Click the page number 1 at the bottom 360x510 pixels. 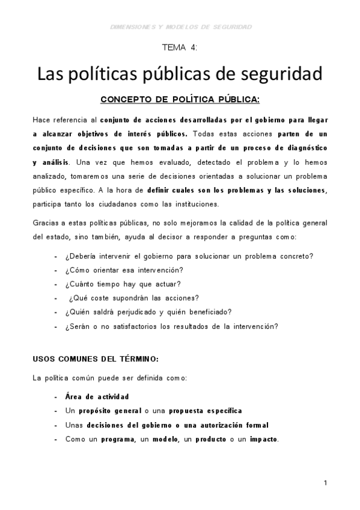tap(325, 483)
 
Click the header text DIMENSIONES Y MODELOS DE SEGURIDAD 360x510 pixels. tap(182, 26)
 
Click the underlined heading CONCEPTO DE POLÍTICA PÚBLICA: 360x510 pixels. tap(180, 99)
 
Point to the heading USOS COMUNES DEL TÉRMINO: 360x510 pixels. tap(96, 359)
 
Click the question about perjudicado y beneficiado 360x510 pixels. tap(148, 312)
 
